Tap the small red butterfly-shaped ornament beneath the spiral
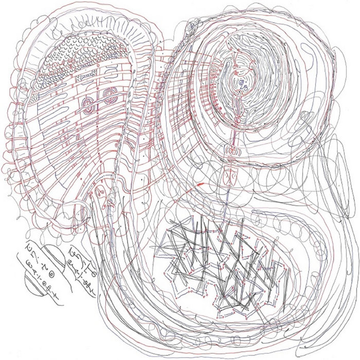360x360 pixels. click(x=231, y=152)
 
